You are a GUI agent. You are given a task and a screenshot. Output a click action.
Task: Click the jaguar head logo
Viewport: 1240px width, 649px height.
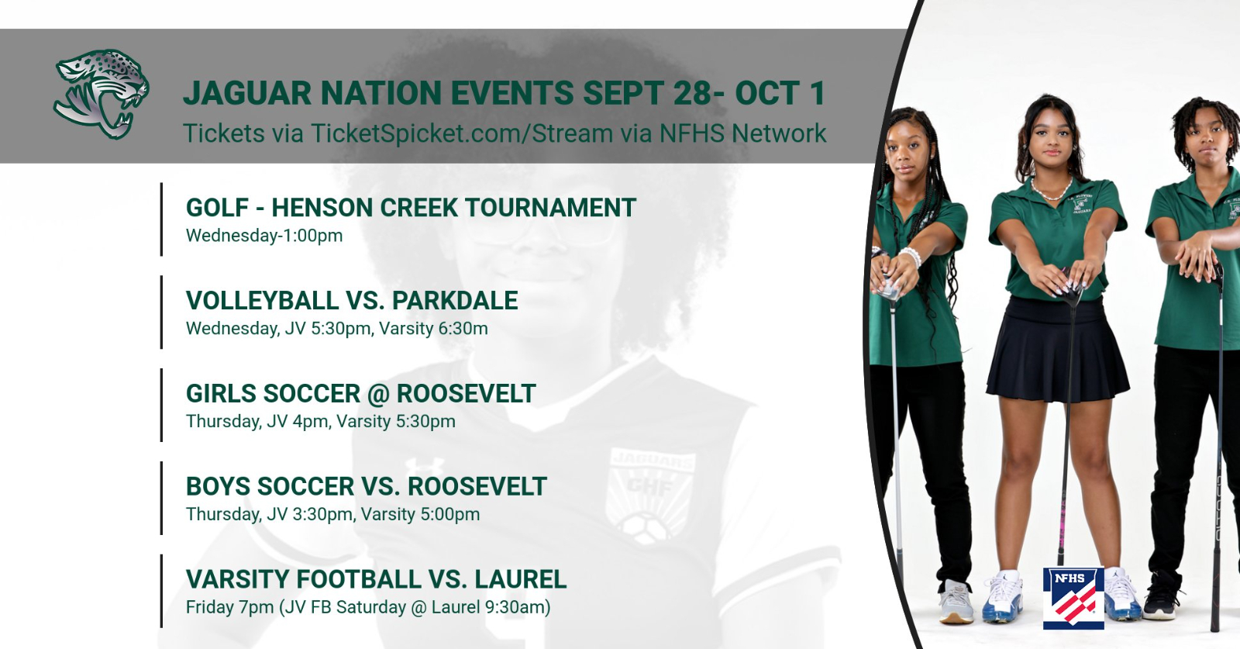[x=102, y=94]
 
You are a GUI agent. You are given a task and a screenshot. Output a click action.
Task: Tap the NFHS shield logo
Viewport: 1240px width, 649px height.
[x=1073, y=598]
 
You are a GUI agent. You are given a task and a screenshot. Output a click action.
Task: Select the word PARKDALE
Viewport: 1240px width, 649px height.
[x=455, y=301]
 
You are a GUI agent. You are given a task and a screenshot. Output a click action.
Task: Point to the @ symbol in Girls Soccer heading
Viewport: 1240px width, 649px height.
[x=378, y=394]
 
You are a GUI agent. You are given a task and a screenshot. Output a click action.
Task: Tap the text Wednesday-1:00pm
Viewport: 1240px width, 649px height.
[x=264, y=236]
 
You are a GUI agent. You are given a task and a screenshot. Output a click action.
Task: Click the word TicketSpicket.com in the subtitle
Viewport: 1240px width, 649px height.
[x=418, y=133]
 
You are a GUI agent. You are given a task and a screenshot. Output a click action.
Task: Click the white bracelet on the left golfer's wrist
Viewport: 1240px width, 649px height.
[x=911, y=257]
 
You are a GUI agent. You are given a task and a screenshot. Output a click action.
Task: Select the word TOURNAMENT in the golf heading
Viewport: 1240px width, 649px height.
[x=551, y=208]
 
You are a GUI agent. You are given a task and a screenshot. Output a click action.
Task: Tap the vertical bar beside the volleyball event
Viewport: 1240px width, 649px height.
[x=162, y=312]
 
